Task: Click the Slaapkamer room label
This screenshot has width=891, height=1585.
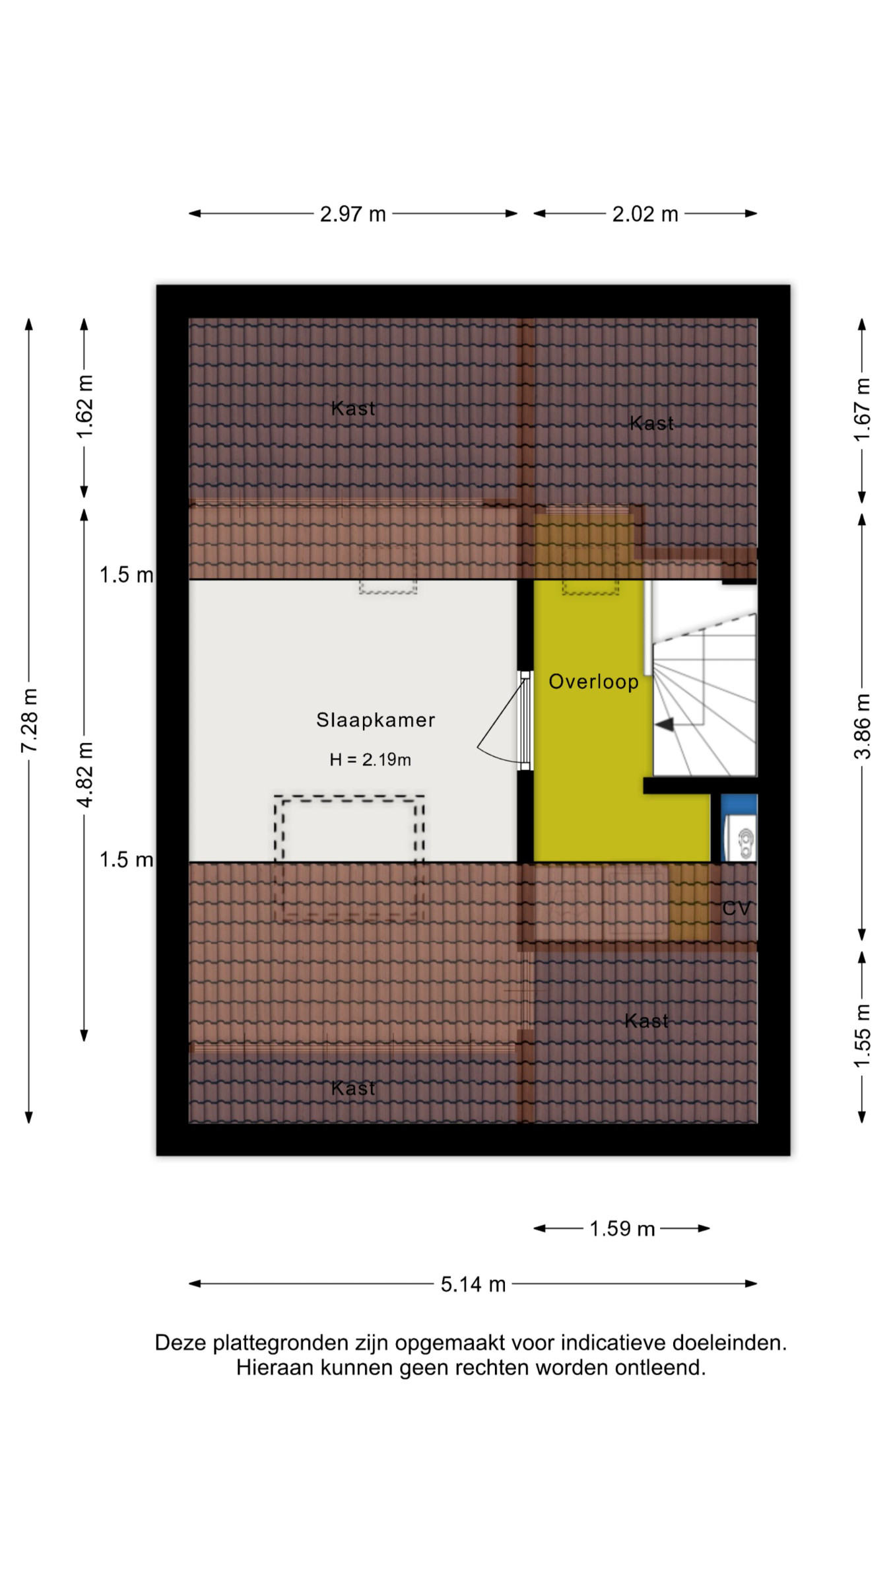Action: [x=376, y=720]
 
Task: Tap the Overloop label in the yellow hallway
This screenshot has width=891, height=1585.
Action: [x=593, y=682]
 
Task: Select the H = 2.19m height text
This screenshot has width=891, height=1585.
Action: [x=370, y=759]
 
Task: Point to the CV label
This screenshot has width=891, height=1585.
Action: [x=737, y=909]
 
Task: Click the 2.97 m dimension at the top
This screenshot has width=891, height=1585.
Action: [x=353, y=214]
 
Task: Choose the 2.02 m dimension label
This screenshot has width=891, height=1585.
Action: [x=645, y=214]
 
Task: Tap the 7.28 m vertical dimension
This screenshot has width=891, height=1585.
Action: [x=30, y=721]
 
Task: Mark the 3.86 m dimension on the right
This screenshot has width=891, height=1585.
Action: [x=863, y=726]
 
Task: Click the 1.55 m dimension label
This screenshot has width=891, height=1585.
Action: [x=863, y=1036]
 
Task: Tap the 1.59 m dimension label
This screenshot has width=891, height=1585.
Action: [x=622, y=1228]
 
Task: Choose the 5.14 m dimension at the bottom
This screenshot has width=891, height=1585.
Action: [x=473, y=1284]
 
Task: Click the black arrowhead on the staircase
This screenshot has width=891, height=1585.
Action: [x=664, y=724]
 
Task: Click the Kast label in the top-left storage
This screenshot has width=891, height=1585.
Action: [x=353, y=409]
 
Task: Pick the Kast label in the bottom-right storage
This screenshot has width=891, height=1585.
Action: [x=646, y=1021]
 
